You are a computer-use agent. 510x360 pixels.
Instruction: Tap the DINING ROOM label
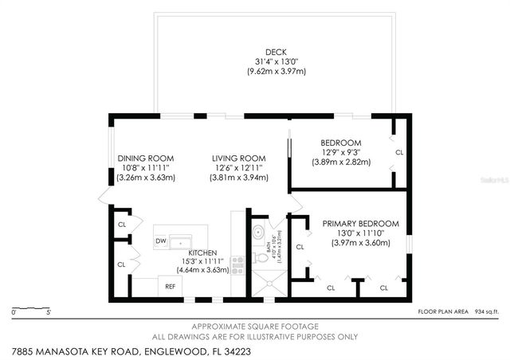145,158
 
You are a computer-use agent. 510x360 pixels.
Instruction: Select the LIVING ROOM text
238,158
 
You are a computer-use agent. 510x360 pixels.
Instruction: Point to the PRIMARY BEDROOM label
361,224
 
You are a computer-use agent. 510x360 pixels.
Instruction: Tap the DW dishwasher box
160,241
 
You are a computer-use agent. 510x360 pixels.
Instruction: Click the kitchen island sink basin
181,240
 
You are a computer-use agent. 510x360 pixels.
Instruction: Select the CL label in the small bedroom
399,151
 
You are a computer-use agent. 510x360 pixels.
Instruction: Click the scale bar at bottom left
32,307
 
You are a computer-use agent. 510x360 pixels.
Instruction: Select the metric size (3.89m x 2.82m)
341,162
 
